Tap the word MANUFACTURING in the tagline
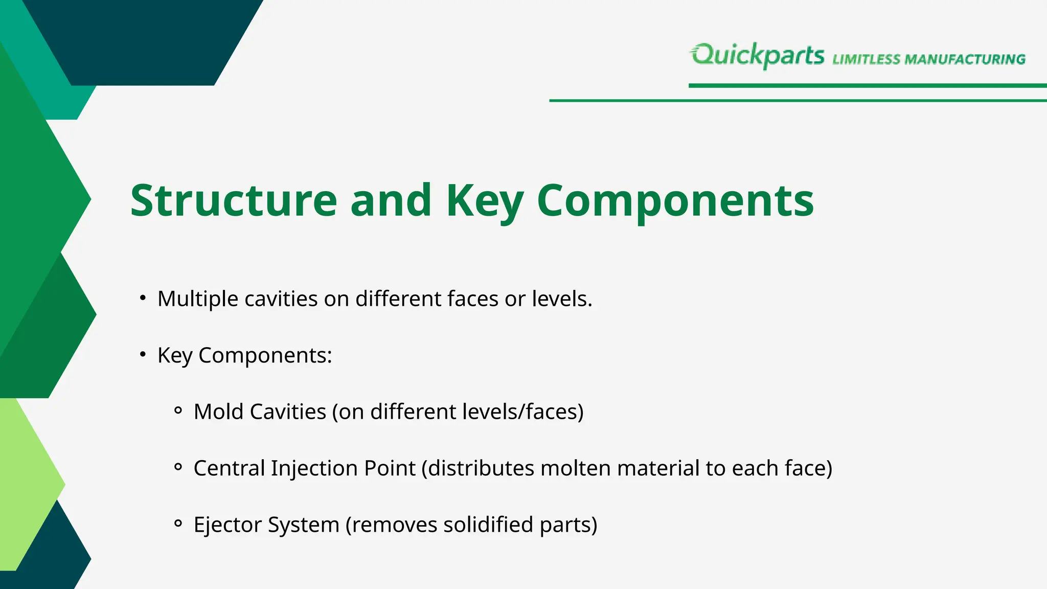pos(965,59)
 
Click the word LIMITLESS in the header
pos(866,59)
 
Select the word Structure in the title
pos(233,200)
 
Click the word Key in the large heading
pos(484,200)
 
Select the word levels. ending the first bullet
pos(562,299)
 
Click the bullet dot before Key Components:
pos(143,354)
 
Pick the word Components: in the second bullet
pos(265,355)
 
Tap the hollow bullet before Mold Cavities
pos(178,411)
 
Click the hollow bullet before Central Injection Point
pos(178,467)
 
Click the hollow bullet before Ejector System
pos(178,523)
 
